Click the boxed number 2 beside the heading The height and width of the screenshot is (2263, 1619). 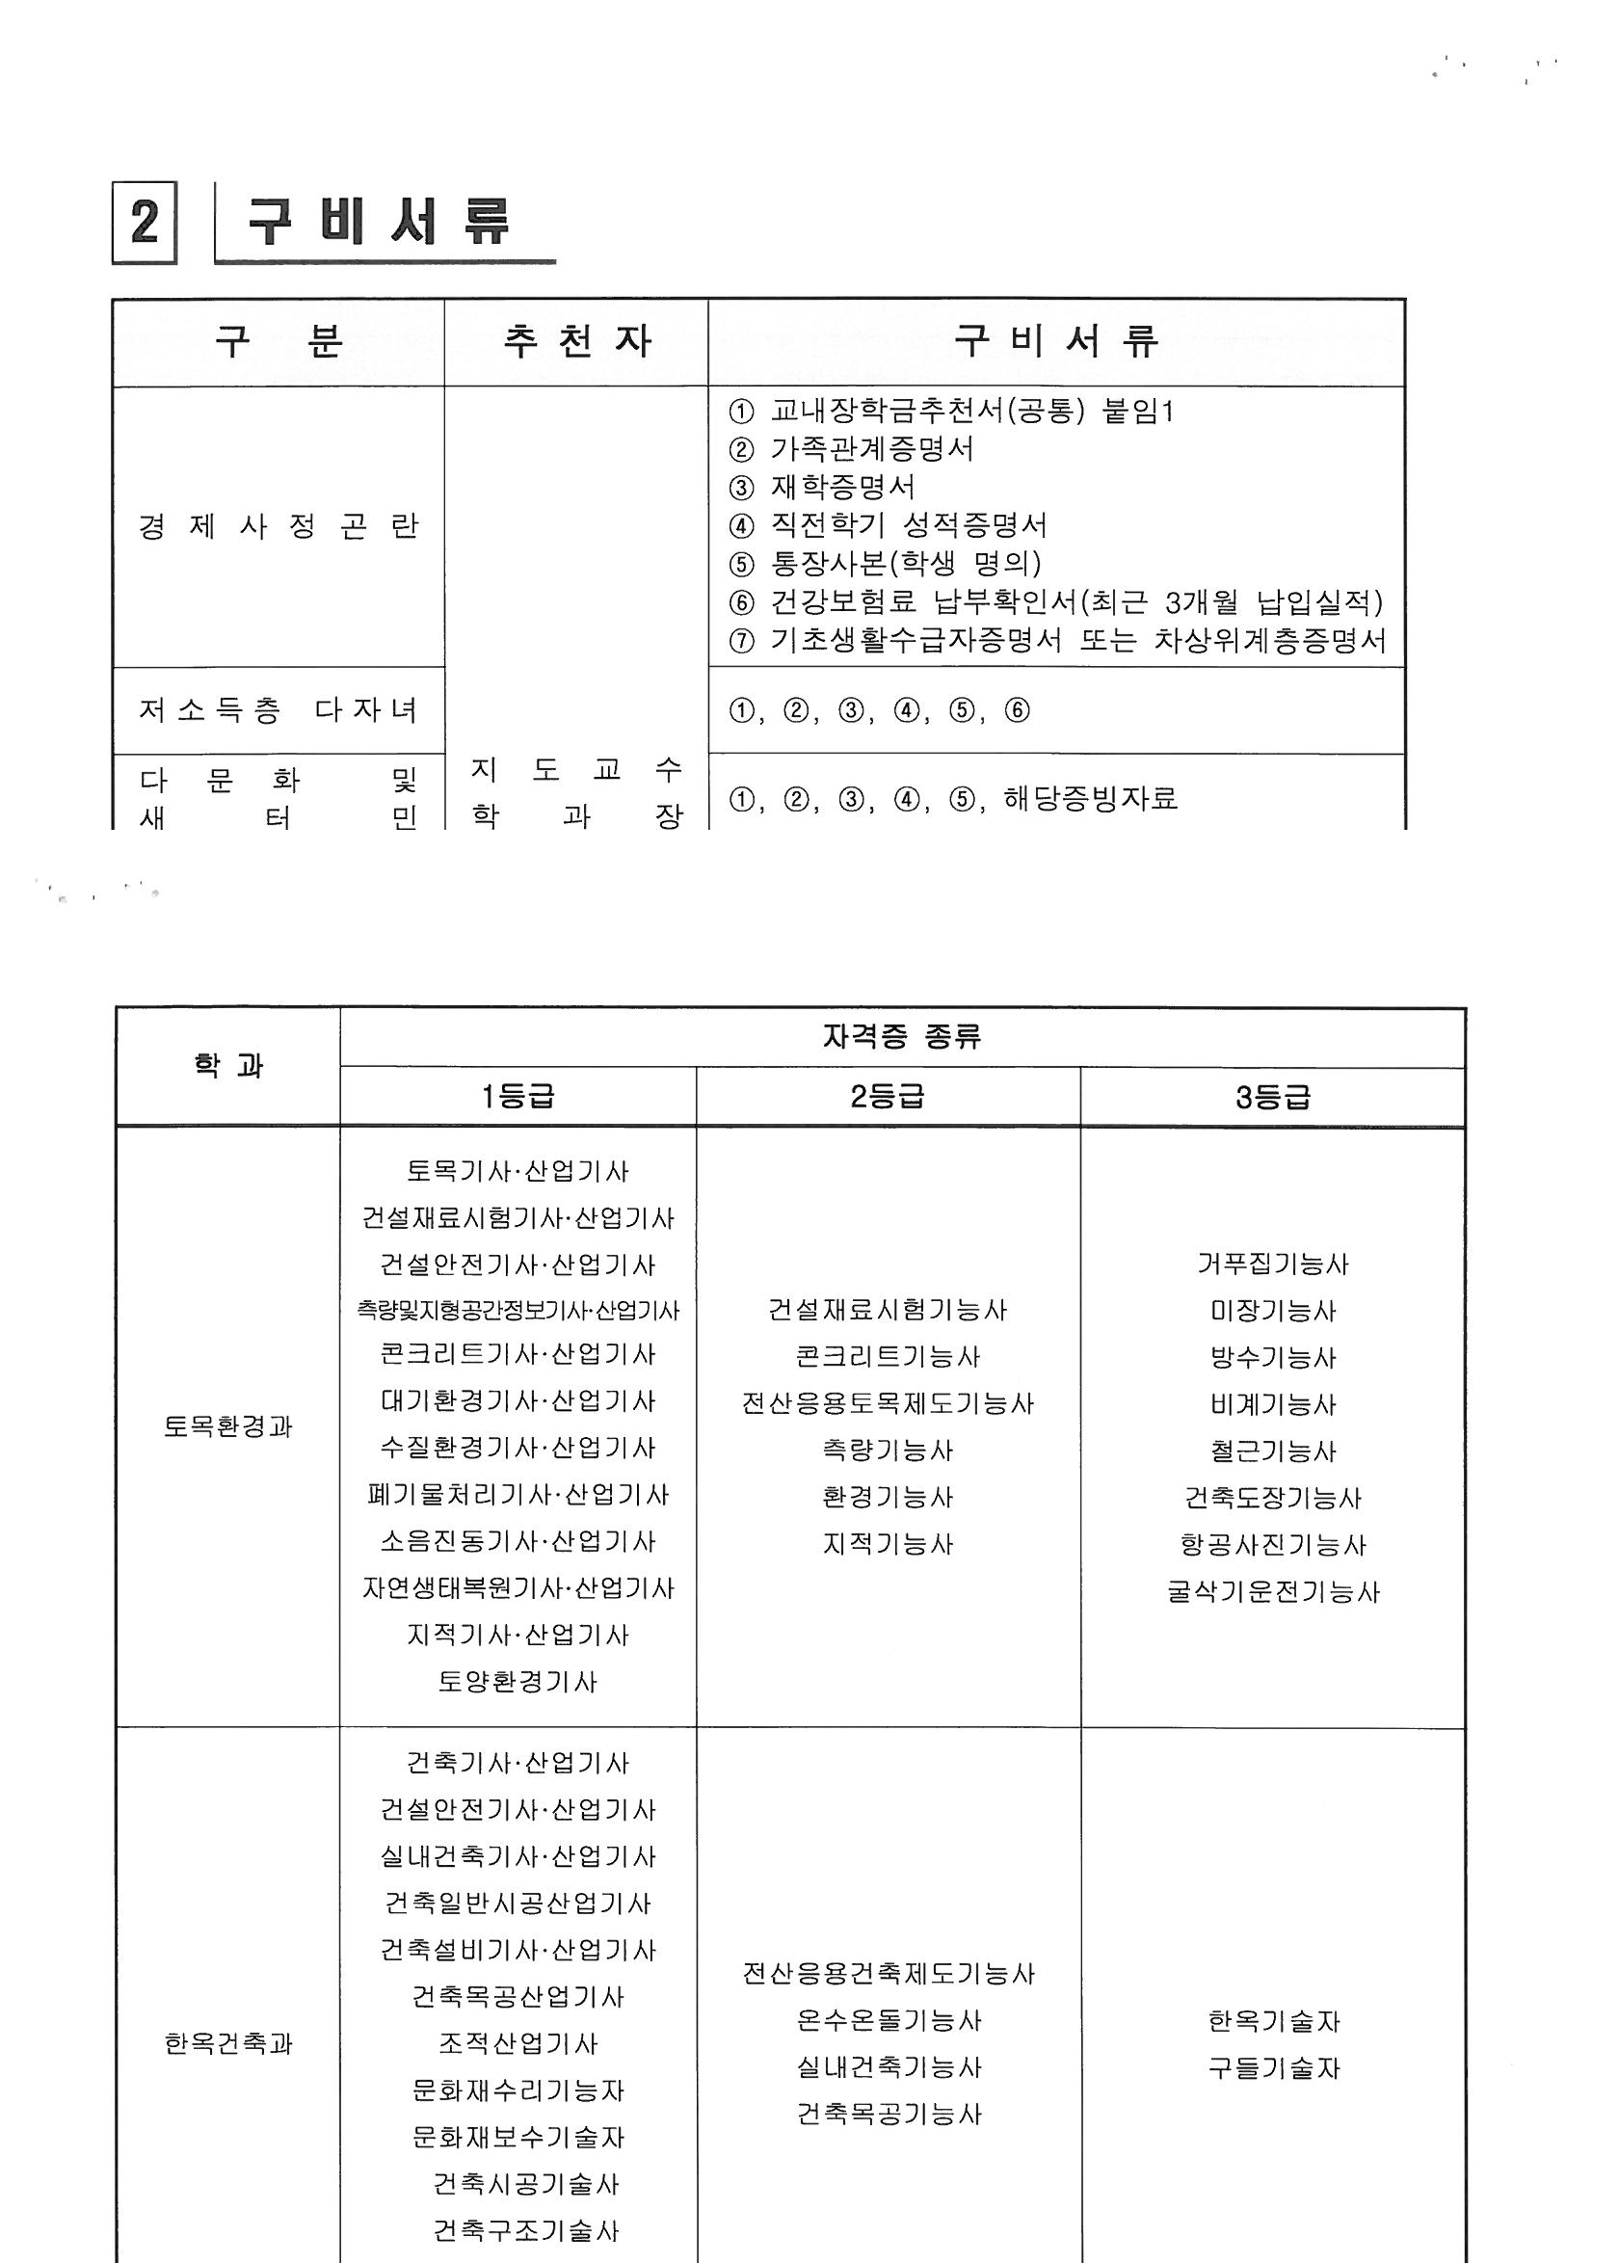pyautogui.click(x=145, y=222)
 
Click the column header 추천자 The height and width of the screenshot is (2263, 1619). pyautogui.click(x=576, y=342)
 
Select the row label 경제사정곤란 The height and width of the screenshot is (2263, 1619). pyautogui.click(x=279, y=526)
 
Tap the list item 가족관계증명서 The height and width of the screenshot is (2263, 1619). pyautogui.click(x=871, y=449)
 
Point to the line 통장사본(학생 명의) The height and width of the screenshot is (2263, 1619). pyautogui.click(x=905, y=564)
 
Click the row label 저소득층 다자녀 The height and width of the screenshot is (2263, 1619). pyautogui.click(x=279, y=709)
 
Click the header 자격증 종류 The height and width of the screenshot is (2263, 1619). pyautogui.click(x=901, y=1037)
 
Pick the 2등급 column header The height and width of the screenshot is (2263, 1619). pyautogui.click(x=888, y=1097)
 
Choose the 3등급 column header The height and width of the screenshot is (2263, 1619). pyautogui.click(x=1272, y=1098)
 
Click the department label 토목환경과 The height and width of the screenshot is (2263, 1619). pyautogui.click(x=227, y=1426)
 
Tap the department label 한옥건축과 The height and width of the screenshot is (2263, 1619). pyautogui.click(x=227, y=2044)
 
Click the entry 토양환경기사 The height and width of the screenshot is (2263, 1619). pyautogui.click(x=518, y=1683)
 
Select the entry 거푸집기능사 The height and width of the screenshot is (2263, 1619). pyautogui.click(x=1272, y=1265)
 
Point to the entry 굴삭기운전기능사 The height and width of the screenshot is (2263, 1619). pyautogui.click(x=1272, y=1592)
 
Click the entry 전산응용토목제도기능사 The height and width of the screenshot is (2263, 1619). pyautogui.click(x=888, y=1403)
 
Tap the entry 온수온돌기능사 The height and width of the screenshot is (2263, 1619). pyautogui.click(x=889, y=2021)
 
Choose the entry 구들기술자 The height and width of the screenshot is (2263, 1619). pyautogui.click(x=1273, y=2068)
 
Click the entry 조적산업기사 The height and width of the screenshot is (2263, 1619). pyautogui.click(x=518, y=2044)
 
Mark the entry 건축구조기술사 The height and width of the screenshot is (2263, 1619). pyautogui.click(x=525, y=2231)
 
